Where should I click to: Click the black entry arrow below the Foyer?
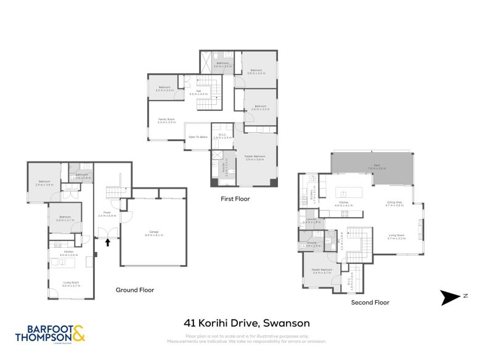pyautogui.click(x=108, y=242)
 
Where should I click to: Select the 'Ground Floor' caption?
pyautogui.click(x=135, y=290)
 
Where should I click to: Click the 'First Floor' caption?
pyautogui.click(x=235, y=199)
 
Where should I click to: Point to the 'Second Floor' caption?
pyautogui.click(x=370, y=303)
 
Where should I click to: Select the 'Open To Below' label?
pyautogui.click(x=197, y=136)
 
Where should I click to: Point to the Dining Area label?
pyautogui.click(x=394, y=203)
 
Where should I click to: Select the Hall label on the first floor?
pyautogui.click(x=198, y=92)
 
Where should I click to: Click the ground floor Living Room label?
pyautogui.click(x=72, y=283)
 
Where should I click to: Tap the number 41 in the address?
pyautogui.click(x=191, y=322)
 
